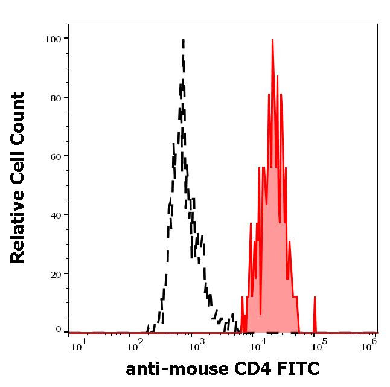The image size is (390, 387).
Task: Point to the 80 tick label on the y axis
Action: coord(55,97)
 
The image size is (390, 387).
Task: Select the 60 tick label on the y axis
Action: coord(55,156)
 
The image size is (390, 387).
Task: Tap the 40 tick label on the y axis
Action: coord(55,214)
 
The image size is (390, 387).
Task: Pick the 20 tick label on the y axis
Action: coord(55,273)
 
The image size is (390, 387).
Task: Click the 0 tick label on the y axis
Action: coord(58,330)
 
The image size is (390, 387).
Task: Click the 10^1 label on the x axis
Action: coord(80,345)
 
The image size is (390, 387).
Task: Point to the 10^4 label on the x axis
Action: coord(258,345)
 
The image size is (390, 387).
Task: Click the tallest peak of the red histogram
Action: coord(273,40)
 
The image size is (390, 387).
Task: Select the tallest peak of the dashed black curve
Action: coord(182,41)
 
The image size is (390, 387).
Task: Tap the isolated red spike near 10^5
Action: coord(315,298)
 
